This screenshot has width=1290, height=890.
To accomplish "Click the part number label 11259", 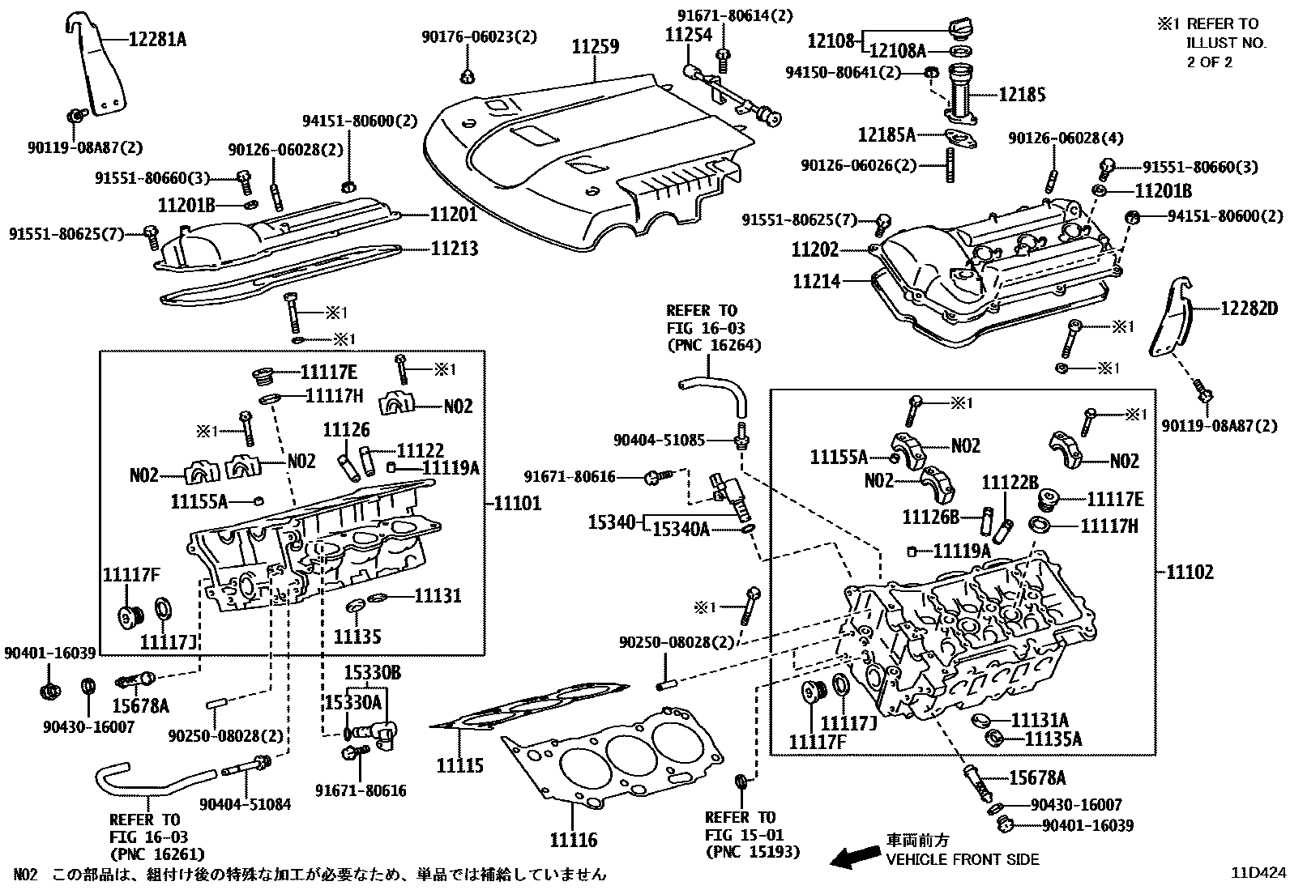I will pos(596,47).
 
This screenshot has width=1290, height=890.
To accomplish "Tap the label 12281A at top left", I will pos(158,38).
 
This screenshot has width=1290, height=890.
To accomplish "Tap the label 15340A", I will pos(681,529).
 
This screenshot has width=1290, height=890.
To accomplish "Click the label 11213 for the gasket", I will pos(455,249).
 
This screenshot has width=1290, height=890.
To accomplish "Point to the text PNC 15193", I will pos(753,851).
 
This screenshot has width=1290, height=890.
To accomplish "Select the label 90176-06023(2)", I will pos(479,37).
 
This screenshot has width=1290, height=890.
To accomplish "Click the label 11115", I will pos(460,765).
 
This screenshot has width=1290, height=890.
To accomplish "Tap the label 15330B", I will pos(373,673).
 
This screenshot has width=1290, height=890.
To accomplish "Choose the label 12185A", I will pos(886,134).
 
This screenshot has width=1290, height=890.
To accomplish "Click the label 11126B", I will pos(931,516).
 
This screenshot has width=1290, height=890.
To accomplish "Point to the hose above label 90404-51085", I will pos(713,385).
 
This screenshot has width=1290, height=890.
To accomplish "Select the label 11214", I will pos(817,281).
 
